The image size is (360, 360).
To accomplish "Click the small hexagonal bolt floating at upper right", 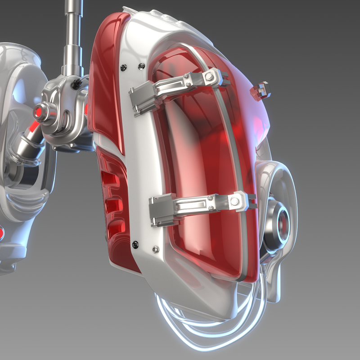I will click(x=261, y=90).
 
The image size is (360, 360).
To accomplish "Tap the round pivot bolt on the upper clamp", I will click(x=209, y=77).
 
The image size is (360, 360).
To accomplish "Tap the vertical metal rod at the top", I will click(x=72, y=31).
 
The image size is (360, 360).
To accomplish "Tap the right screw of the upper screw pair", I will click(x=141, y=66).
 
